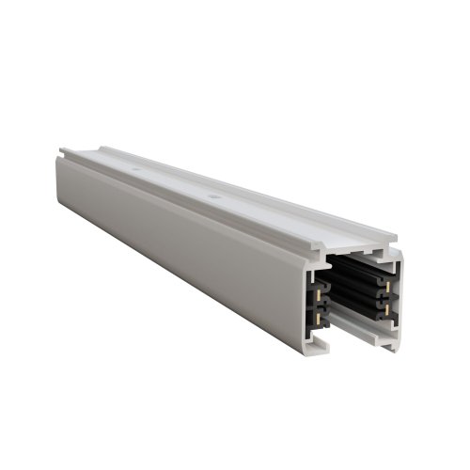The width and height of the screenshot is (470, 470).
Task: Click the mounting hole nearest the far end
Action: point(139,171)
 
